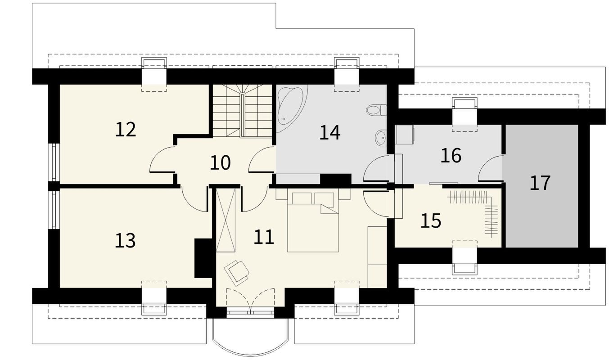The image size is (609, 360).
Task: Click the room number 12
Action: (126, 130)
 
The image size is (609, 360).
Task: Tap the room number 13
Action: (125, 240)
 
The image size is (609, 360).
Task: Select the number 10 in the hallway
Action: (220, 162)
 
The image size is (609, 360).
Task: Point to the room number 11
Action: (264, 237)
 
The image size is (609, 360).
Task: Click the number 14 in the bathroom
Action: (330, 133)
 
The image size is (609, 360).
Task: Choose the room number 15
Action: (431, 221)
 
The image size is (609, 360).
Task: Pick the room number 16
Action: (451, 155)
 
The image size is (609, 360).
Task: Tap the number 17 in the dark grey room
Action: (540, 183)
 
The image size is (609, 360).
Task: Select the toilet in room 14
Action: (376, 110)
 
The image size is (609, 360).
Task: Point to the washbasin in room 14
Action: (381, 138)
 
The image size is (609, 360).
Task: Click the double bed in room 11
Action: (313, 222)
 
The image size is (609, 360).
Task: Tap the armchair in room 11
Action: (236, 272)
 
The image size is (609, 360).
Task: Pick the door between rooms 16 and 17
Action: (489, 168)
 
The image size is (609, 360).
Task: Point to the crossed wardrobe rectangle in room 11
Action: (226, 220)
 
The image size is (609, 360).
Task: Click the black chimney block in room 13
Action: (203, 258)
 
